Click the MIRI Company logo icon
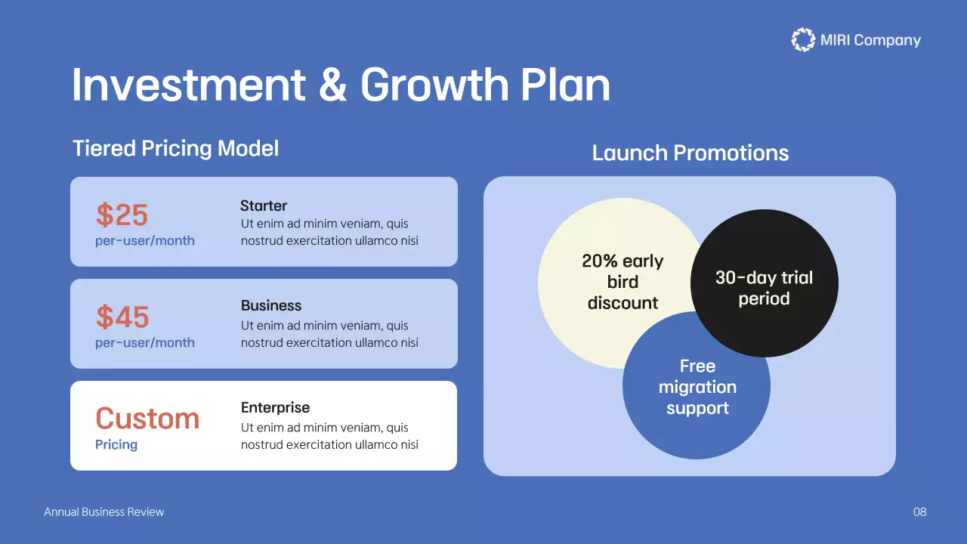pyautogui.click(x=802, y=40)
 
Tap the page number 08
pyautogui.click(x=919, y=512)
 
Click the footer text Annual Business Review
pyautogui.click(x=103, y=512)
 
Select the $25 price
pyautogui.click(x=122, y=215)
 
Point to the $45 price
pyautogui.click(x=122, y=317)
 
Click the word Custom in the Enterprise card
pyautogui.click(x=147, y=419)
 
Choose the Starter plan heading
pyautogui.click(x=264, y=206)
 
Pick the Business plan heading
pyautogui.click(x=271, y=306)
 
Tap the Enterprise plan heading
pyautogui.click(x=275, y=408)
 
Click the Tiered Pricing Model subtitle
pyautogui.click(x=175, y=148)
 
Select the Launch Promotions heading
pyautogui.click(x=690, y=153)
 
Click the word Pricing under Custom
pyautogui.click(x=116, y=445)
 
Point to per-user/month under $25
pyautogui.click(x=145, y=241)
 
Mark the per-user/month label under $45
pyautogui.click(x=145, y=343)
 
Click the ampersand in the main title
pyautogui.click(x=332, y=85)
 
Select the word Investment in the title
pyautogui.click(x=189, y=85)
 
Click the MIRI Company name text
pyautogui.click(x=870, y=41)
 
